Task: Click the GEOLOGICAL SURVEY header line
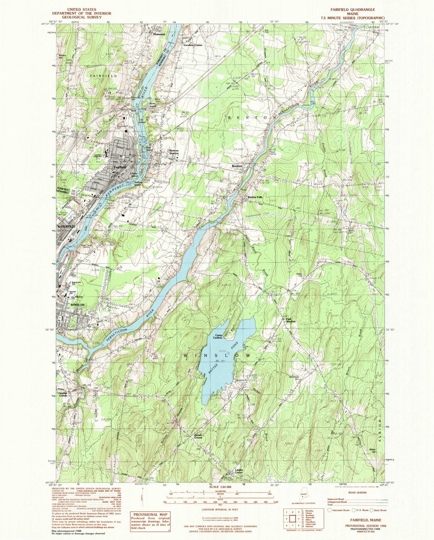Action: pos(77,17)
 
